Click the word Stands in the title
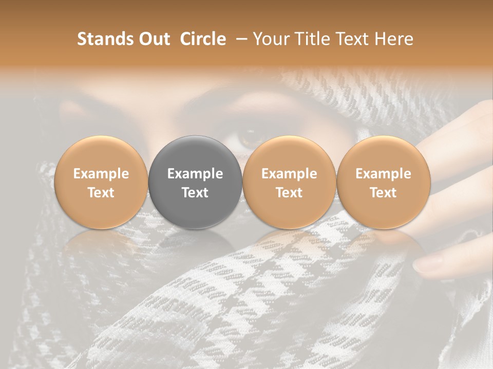(106, 39)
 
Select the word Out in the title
(154, 39)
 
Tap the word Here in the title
(395, 39)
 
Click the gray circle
(195, 182)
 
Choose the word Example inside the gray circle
(195, 174)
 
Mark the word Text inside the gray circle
(195, 193)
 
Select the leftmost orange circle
(101, 182)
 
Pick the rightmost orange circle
(384, 182)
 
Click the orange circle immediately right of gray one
(289, 182)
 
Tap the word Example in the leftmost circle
(101, 174)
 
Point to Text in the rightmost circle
(384, 193)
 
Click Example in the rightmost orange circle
(384, 174)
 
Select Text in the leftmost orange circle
(101, 193)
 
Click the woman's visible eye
(250, 137)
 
